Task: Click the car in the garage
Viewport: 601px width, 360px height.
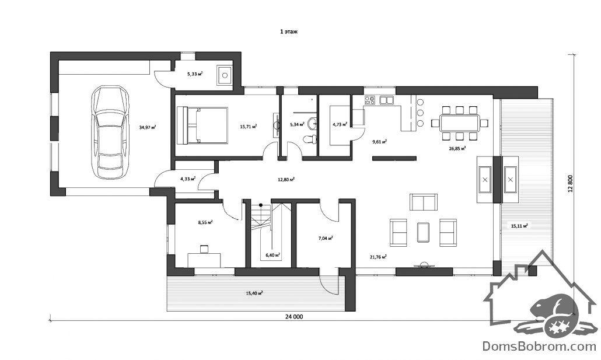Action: (x=110, y=132)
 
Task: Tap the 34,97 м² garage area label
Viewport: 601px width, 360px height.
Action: (x=147, y=127)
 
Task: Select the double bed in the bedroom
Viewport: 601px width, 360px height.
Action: (x=202, y=125)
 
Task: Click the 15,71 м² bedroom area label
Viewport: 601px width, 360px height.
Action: (x=249, y=126)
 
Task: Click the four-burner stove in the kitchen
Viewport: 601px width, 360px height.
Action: (x=370, y=100)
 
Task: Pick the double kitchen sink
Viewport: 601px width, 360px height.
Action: (x=386, y=100)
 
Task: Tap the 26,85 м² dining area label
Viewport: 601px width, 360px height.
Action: (x=457, y=148)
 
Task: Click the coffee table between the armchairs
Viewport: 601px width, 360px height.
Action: (x=423, y=232)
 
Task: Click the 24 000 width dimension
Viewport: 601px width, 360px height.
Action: (x=294, y=317)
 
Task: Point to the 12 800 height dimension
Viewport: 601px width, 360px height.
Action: (x=570, y=183)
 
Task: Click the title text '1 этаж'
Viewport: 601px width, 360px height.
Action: (x=289, y=32)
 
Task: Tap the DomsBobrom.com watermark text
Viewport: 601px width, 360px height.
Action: (x=539, y=346)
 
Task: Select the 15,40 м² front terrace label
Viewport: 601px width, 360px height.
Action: (x=254, y=293)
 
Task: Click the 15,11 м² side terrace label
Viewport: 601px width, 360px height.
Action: (x=519, y=226)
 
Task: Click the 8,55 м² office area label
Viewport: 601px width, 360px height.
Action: (x=205, y=222)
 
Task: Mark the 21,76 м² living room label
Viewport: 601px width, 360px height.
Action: (x=378, y=257)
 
